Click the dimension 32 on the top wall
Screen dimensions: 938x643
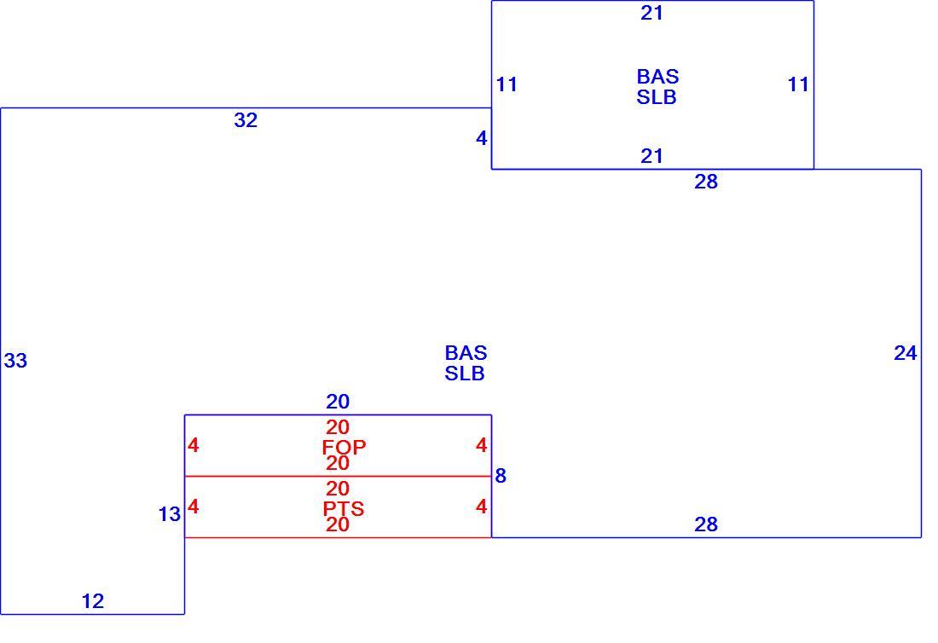click(x=246, y=120)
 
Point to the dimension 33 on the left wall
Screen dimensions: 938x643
click(x=15, y=361)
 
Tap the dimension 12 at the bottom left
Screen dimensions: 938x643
click(x=93, y=601)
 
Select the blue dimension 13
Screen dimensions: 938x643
click(x=170, y=514)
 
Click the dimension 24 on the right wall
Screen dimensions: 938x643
click(x=905, y=354)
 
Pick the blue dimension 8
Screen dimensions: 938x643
click(x=501, y=476)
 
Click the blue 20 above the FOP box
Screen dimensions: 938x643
click(x=338, y=402)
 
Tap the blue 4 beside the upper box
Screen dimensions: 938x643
click(x=482, y=139)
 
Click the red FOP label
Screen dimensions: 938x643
click(x=344, y=447)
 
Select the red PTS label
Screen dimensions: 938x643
click(x=344, y=509)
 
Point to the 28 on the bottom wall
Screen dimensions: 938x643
click(x=706, y=524)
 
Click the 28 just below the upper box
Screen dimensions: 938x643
click(x=706, y=182)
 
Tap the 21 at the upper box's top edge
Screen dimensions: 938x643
click(x=652, y=13)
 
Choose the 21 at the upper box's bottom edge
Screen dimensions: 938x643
click(x=652, y=156)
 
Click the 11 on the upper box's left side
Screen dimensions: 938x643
click(x=507, y=84)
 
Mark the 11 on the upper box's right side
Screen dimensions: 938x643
click(x=798, y=84)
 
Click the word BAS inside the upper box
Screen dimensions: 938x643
click(x=658, y=77)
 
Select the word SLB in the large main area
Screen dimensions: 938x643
click(x=465, y=374)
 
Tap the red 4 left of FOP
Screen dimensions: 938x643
click(x=194, y=446)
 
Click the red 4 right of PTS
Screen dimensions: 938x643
click(x=482, y=507)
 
